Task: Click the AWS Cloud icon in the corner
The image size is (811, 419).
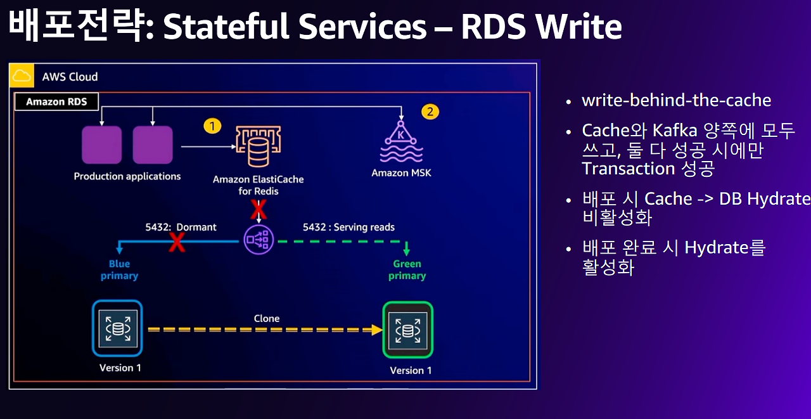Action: [x=22, y=76]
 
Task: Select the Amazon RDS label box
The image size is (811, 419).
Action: [x=56, y=101]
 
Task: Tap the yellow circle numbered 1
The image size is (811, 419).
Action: [x=212, y=126]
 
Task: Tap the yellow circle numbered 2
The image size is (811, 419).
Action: [x=430, y=112]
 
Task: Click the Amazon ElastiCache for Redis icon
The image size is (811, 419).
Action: [x=258, y=148]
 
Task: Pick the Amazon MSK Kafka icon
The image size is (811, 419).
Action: [x=400, y=143]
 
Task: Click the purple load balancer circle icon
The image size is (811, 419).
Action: [x=258, y=240]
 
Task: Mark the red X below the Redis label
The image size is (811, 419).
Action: [x=258, y=209]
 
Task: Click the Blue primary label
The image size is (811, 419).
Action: [x=119, y=269]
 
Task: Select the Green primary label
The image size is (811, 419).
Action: [x=407, y=269]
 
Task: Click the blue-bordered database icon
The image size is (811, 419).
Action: [x=118, y=328]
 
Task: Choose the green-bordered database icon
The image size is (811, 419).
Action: [x=407, y=330]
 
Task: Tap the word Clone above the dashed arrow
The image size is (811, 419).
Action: [x=266, y=318]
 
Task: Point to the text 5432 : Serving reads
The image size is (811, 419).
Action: [x=348, y=227]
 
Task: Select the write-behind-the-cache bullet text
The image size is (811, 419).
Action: [x=676, y=100]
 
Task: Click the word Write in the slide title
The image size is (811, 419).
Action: [x=576, y=27]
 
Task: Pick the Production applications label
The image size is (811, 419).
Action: [x=127, y=176]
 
